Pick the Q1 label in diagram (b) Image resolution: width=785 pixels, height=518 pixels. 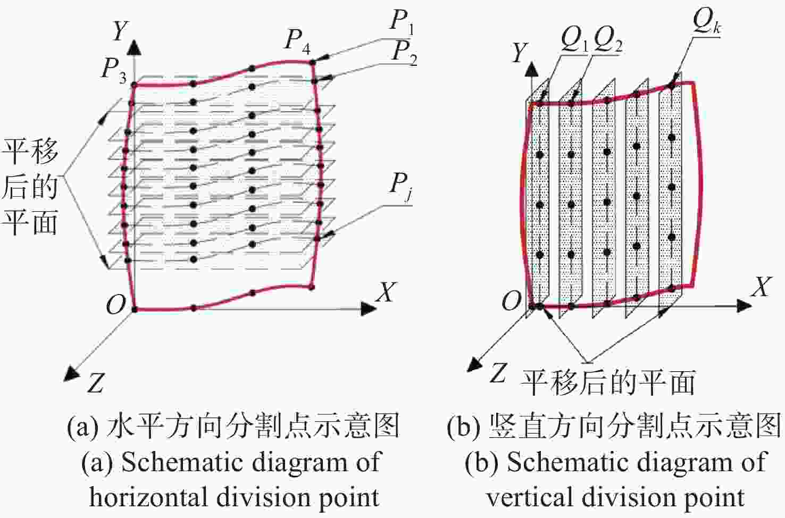click(x=574, y=40)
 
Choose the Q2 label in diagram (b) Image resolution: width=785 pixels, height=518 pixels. click(x=608, y=40)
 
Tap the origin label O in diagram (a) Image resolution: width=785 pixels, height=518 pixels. click(x=115, y=305)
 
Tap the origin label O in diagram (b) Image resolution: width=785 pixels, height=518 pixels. click(x=512, y=302)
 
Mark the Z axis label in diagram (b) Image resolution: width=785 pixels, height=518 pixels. click(x=498, y=373)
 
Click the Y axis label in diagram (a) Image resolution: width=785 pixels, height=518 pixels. click(x=120, y=31)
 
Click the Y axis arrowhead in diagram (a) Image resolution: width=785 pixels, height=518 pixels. click(x=135, y=47)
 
